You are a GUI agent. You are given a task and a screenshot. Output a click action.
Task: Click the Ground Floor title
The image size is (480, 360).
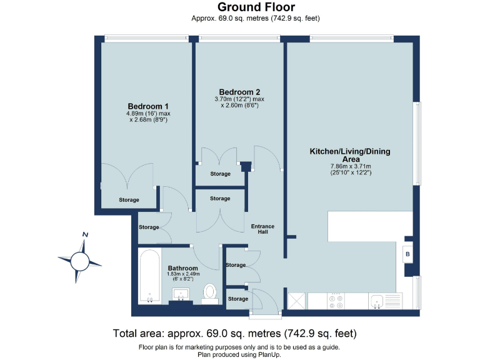(x=256, y=7)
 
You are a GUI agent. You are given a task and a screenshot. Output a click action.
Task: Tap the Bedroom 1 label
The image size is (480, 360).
(x=148, y=106)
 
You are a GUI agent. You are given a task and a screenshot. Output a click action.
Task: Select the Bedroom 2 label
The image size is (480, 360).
(x=239, y=92)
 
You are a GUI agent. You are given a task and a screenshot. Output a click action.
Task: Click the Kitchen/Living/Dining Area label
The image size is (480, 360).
(x=350, y=155)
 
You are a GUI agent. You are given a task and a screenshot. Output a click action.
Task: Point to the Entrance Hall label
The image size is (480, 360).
(x=262, y=229)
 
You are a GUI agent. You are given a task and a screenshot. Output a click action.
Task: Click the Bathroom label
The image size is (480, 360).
(x=182, y=268)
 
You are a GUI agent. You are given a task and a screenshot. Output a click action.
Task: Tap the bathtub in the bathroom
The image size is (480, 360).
(x=150, y=276)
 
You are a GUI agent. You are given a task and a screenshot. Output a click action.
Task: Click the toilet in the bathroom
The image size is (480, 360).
(x=210, y=293)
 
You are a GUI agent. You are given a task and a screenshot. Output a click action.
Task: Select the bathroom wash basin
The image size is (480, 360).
(x=181, y=294)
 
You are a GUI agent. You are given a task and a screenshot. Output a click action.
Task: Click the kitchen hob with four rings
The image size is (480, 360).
(x=336, y=301)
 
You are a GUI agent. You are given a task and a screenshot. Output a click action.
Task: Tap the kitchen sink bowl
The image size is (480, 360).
(x=376, y=301)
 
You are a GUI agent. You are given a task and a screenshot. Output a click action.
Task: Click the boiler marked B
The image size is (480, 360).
(x=407, y=254)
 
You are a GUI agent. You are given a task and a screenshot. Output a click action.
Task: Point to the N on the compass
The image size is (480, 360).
(x=86, y=235)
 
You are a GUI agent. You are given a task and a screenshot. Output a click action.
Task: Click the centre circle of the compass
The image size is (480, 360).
(x=80, y=261)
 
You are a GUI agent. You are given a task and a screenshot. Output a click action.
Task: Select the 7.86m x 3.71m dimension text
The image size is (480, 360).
(x=351, y=166)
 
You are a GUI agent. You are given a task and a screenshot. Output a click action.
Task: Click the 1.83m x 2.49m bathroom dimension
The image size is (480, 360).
(x=183, y=274)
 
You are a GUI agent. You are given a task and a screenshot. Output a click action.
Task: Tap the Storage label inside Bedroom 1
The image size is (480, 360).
(x=129, y=200)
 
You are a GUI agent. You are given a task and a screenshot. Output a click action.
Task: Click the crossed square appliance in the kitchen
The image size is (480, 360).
(x=297, y=301)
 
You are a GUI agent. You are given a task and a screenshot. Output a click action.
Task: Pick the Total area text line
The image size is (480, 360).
(x=235, y=333)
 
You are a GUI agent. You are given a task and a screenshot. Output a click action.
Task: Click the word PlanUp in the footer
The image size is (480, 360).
(x=269, y=355)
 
